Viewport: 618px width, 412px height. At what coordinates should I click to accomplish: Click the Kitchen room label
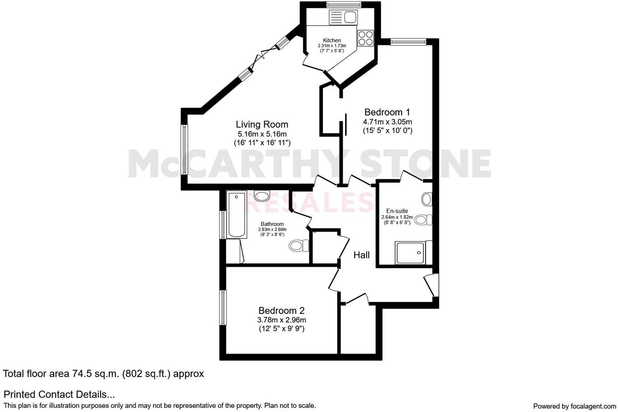coord(332,40)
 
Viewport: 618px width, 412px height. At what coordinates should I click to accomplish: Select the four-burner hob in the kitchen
coord(365,38)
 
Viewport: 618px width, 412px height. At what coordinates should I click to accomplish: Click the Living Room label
coord(262,124)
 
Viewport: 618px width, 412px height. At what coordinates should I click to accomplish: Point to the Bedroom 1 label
coord(387,112)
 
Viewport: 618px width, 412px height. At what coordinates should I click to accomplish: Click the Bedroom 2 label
coord(281,311)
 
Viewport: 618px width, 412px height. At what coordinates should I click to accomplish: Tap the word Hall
coord(361,255)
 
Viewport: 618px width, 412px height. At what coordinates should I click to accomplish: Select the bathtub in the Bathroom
coord(237,214)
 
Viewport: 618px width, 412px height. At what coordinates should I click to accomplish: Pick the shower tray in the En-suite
coord(410,253)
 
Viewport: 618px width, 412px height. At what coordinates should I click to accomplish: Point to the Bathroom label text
coord(272,224)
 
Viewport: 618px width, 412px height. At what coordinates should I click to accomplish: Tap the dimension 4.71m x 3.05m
coord(387,122)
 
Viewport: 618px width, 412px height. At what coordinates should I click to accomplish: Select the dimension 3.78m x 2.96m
coord(281,320)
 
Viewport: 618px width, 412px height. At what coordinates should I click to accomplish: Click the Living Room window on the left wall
coord(185,149)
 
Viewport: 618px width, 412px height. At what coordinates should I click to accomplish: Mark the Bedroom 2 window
coord(223,307)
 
